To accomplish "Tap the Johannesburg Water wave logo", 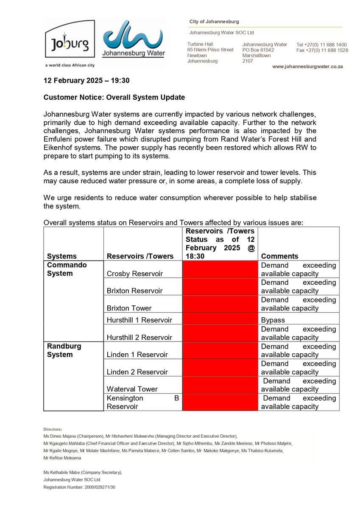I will [x=134, y=39].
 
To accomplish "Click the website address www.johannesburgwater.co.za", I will [x=307, y=67].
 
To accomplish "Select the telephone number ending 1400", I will [x=322, y=45].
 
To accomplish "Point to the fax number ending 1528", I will [x=322, y=50].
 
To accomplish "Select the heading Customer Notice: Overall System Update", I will [x=114, y=97].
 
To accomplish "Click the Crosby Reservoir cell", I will [x=134, y=274].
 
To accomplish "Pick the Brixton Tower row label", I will [x=129, y=308].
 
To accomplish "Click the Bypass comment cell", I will [x=273, y=320].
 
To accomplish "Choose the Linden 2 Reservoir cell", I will [x=137, y=372].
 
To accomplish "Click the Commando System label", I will [x=67, y=269].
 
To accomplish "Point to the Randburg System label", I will [x=64, y=350].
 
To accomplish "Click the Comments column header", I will [x=279, y=256].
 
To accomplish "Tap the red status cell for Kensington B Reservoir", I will [x=220, y=402].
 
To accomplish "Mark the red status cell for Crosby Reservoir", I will [x=220, y=269].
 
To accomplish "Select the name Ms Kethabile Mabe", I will [x=64, y=472].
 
